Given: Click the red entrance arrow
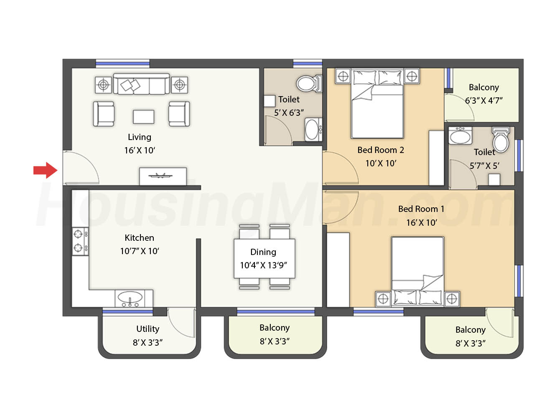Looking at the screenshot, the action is pyautogui.click(x=46, y=170).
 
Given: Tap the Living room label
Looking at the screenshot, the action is pyautogui.click(x=139, y=137).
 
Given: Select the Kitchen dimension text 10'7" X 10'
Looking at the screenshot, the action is pyautogui.click(x=139, y=251).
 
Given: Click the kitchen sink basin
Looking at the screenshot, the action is pyautogui.click(x=130, y=296).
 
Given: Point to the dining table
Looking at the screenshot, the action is pyautogui.click(x=265, y=258).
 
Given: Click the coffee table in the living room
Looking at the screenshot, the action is pyautogui.click(x=144, y=117).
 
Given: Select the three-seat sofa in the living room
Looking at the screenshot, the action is pyautogui.click(x=141, y=84).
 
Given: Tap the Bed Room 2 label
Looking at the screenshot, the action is pyautogui.click(x=381, y=150).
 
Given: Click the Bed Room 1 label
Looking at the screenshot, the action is pyautogui.click(x=421, y=209).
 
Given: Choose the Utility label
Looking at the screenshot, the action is pyautogui.click(x=148, y=329).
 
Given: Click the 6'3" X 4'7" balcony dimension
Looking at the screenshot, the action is pyautogui.click(x=483, y=100).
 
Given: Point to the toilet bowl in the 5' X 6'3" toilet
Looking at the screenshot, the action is pyautogui.click(x=307, y=83).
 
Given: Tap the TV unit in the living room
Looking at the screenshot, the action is pyautogui.click(x=163, y=176).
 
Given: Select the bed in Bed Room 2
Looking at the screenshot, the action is pyautogui.click(x=377, y=104).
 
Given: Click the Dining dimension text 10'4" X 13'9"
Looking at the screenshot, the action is pyautogui.click(x=263, y=265).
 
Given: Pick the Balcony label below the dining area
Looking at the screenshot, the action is pyautogui.click(x=275, y=328).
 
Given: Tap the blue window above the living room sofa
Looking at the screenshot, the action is pyautogui.click(x=122, y=64).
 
